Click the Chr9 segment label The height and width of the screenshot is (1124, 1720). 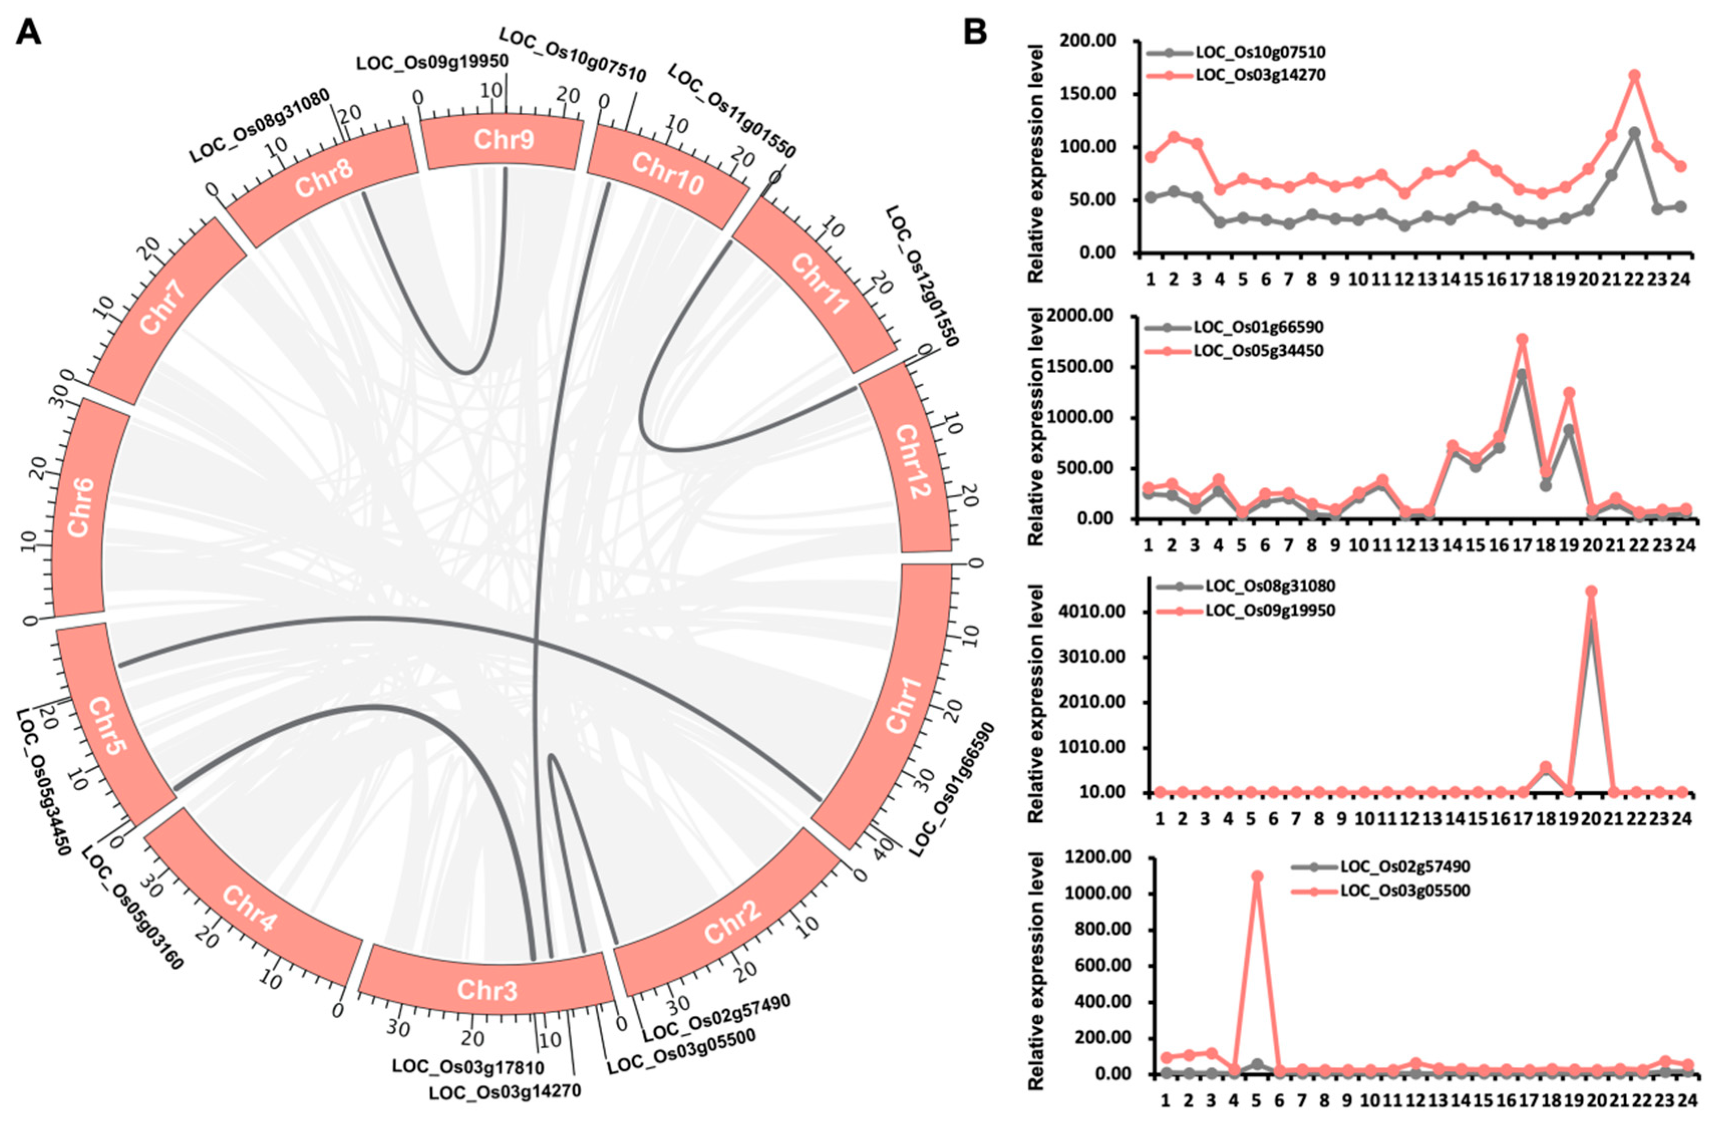503,139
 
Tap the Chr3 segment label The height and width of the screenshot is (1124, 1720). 487,989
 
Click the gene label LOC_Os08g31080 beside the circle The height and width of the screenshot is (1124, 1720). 259,125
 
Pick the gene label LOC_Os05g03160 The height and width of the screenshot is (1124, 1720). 132,909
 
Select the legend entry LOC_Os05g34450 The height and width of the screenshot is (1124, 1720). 1258,351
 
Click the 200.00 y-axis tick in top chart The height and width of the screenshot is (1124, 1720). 1091,41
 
